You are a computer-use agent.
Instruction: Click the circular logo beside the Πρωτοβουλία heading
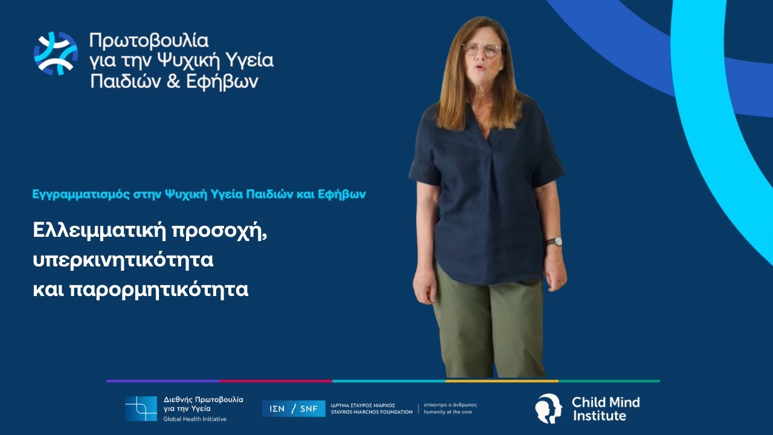coord(56,53)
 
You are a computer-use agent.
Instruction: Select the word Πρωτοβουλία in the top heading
coord(149,41)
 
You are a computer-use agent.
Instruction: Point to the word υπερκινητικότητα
coord(124,260)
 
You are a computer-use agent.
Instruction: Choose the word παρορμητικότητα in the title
coord(159,289)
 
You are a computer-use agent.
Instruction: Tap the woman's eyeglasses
coord(481,50)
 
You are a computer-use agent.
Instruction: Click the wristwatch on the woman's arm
coord(554,242)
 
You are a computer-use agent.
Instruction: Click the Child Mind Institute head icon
coord(548,408)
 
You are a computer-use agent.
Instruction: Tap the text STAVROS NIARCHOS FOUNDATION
coord(372,412)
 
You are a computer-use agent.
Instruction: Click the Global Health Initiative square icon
coord(141,408)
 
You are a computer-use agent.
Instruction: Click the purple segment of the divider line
coord(162,381)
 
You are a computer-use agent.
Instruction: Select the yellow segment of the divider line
coord(501,381)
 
